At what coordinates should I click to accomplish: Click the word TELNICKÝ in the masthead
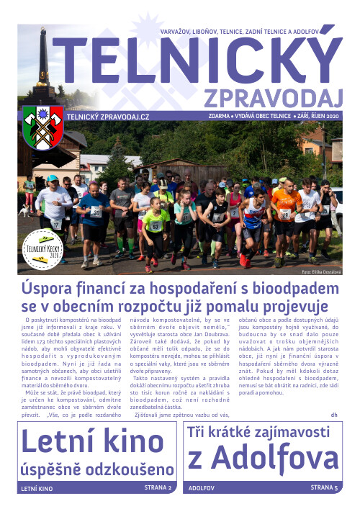pyautogui.click(x=194, y=61)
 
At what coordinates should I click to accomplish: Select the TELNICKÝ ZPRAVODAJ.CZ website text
pyautogui.click(x=108, y=117)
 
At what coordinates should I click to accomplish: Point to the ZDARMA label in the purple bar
pyautogui.click(x=218, y=117)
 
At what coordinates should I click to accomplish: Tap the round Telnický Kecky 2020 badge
pyautogui.click(x=41, y=249)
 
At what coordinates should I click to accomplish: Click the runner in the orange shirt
pyautogui.click(x=287, y=216)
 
